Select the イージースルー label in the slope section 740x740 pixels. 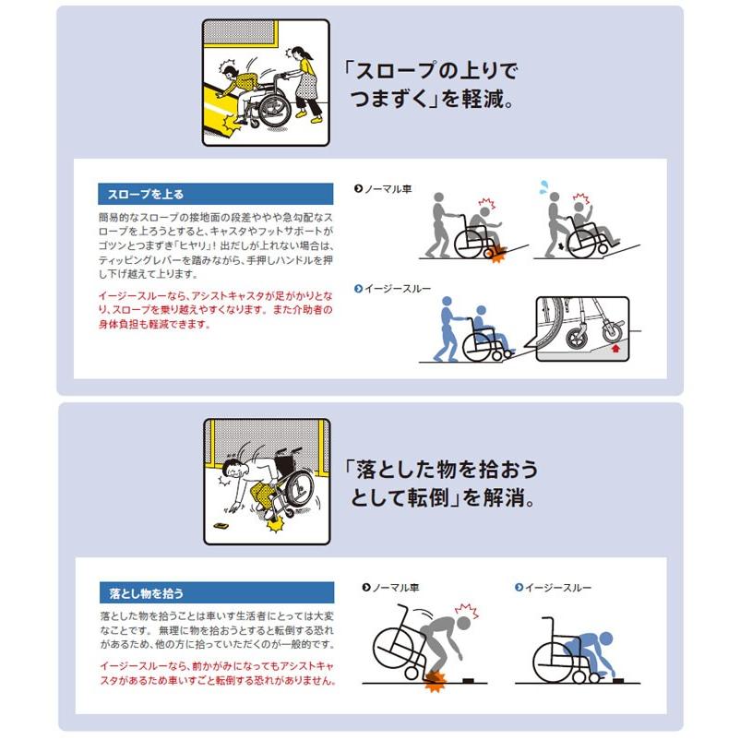pos(388,289)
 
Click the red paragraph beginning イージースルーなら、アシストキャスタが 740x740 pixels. pos(215,310)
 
